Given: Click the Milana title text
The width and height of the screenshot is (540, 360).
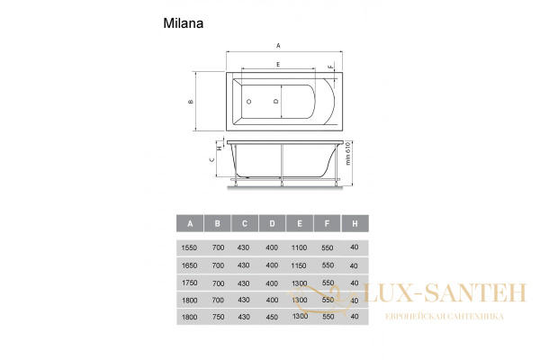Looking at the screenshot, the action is click(x=184, y=23).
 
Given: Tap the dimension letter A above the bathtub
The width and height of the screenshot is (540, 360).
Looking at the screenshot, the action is click(x=278, y=46).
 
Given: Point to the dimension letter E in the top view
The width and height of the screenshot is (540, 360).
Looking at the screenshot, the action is click(x=278, y=65).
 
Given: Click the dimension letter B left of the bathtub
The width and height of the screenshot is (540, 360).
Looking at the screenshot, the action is click(x=191, y=102).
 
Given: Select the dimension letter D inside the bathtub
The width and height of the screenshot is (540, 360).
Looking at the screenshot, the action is click(x=275, y=102).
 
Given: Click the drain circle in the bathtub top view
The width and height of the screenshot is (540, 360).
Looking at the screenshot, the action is click(x=248, y=102).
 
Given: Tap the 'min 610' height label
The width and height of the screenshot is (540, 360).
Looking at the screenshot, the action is click(x=347, y=154).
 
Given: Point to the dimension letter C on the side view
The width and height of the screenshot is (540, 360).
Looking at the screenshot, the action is click(x=212, y=159).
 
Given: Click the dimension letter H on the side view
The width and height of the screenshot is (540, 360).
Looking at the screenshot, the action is click(x=220, y=148).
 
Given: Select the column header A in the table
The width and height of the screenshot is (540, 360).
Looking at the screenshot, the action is click(x=190, y=223).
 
